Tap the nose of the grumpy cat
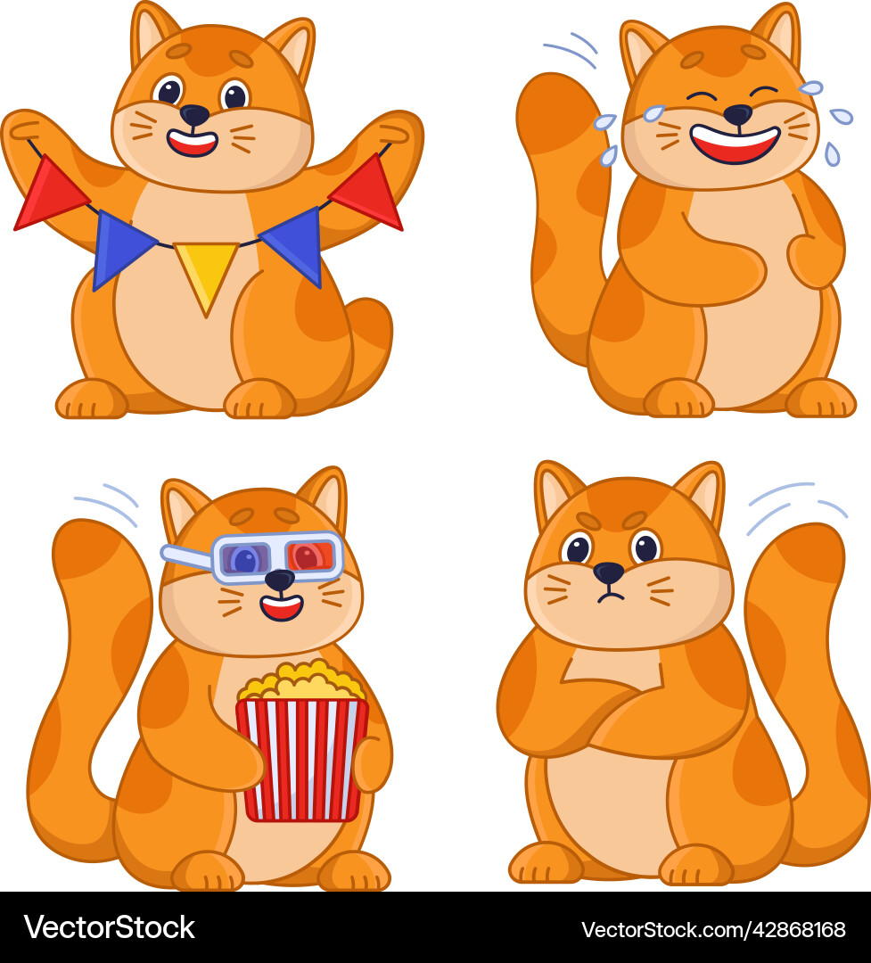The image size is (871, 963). (x=609, y=572)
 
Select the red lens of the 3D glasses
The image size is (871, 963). (x=309, y=556)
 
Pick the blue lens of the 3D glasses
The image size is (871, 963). (x=245, y=560)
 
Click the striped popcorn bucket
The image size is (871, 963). (x=302, y=758)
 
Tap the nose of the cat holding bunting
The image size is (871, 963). (x=194, y=114)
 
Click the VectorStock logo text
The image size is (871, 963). (x=109, y=927)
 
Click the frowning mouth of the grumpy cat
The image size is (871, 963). (x=610, y=596)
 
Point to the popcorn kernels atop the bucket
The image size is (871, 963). (x=301, y=683)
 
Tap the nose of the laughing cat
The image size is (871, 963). (x=737, y=113)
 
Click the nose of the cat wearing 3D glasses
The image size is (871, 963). (x=279, y=580)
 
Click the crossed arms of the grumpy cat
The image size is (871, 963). (x=624, y=713)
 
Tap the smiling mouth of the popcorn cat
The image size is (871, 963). (x=282, y=608)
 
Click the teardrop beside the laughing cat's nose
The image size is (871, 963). (x=653, y=113)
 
